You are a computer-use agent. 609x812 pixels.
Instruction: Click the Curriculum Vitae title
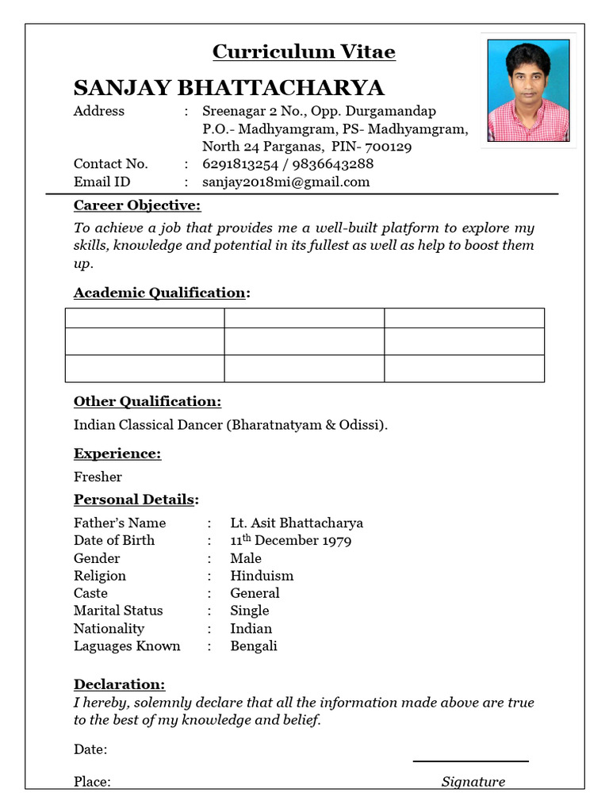coord(304,52)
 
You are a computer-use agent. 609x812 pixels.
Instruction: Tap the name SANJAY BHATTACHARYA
coord(228,87)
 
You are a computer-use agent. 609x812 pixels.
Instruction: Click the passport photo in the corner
coord(528,91)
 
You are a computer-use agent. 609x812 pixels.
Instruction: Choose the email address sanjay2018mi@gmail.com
coord(286,182)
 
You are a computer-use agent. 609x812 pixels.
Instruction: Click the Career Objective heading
coord(137,206)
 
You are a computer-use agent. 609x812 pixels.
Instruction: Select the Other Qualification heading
coord(147,401)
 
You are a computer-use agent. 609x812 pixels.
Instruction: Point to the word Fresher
coord(98,477)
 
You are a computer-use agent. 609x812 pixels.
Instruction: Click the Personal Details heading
coord(136,500)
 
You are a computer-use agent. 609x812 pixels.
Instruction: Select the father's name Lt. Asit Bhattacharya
coord(297,523)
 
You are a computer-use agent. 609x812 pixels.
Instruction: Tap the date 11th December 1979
coord(291,541)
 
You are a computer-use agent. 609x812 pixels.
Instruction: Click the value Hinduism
coord(262,576)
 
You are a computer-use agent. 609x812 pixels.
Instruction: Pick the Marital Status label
coord(118,611)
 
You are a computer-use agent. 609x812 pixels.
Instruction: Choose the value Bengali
coord(254,646)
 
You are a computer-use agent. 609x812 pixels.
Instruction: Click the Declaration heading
coord(119,684)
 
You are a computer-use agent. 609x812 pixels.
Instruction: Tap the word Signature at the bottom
coord(473,782)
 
